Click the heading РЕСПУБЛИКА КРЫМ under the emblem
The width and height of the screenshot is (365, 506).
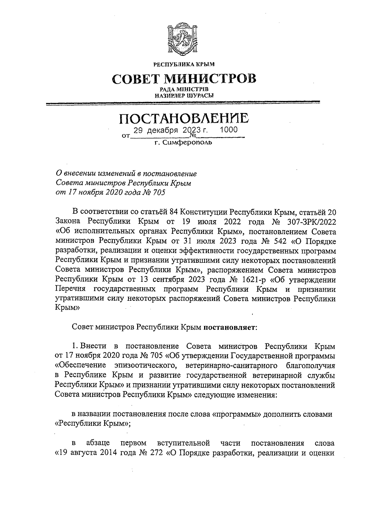(184, 64)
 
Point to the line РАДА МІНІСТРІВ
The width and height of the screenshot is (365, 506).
(184, 89)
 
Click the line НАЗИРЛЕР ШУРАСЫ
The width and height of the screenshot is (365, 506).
(184, 95)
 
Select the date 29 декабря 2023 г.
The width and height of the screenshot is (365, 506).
(171, 130)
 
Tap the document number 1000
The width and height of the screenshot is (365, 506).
(228, 130)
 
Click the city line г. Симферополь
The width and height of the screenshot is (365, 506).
(183, 142)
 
